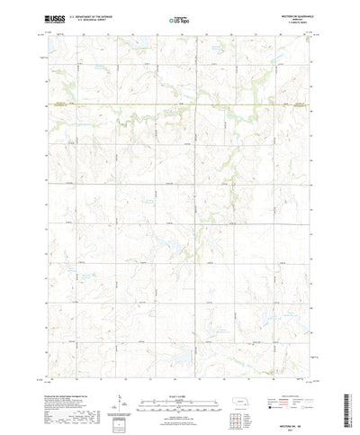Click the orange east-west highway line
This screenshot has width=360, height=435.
point(180,105)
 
